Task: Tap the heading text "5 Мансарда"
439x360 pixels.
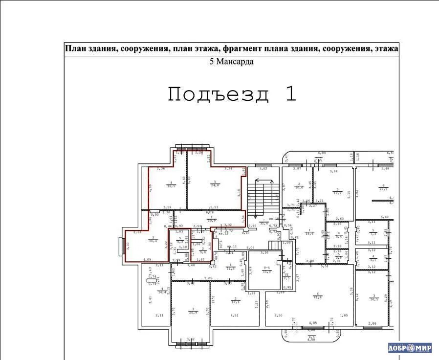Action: click(231, 62)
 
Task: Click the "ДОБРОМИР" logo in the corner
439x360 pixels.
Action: click(410, 348)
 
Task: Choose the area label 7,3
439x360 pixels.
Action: click(373, 233)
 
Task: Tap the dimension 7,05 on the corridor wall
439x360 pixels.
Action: click(208, 278)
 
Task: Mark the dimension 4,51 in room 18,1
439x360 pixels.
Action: click(235, 315)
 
